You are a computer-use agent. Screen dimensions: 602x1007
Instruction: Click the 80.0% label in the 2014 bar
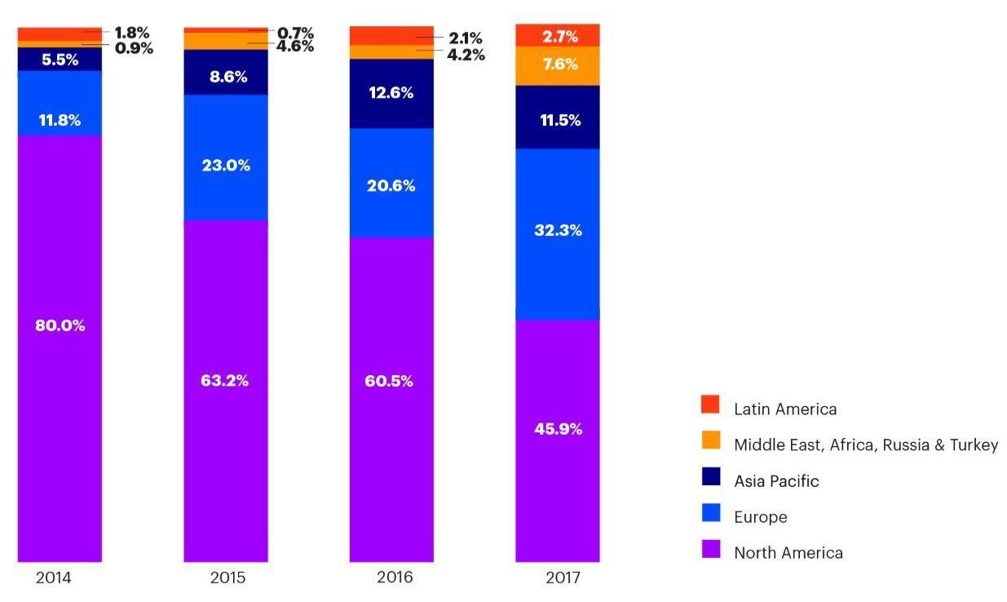coord(60,325)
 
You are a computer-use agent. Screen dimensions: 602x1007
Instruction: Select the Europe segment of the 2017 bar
coord(558,234)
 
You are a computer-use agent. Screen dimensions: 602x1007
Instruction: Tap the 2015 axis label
coord(227,578)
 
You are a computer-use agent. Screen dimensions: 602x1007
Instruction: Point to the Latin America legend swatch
coord(710,405)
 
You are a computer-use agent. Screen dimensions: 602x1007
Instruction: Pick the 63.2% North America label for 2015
coord(225,380)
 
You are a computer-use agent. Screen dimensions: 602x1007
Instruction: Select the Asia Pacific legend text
coord(775,481)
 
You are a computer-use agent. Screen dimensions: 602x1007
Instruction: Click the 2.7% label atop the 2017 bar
coord(560,36)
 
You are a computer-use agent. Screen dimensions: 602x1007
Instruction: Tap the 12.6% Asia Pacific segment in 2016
coord(391,93)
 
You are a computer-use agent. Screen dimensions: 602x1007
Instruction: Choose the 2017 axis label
coord(562,578)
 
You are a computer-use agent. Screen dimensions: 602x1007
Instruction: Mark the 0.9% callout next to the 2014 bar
coord(134,47)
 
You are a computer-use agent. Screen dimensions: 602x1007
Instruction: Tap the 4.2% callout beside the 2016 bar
coord(466,55)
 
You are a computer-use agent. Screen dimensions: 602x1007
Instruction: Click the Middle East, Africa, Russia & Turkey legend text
coord(865,445)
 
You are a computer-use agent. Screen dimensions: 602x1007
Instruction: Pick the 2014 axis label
coord(54,578)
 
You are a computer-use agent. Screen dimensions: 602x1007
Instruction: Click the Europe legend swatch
coord(710,513)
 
